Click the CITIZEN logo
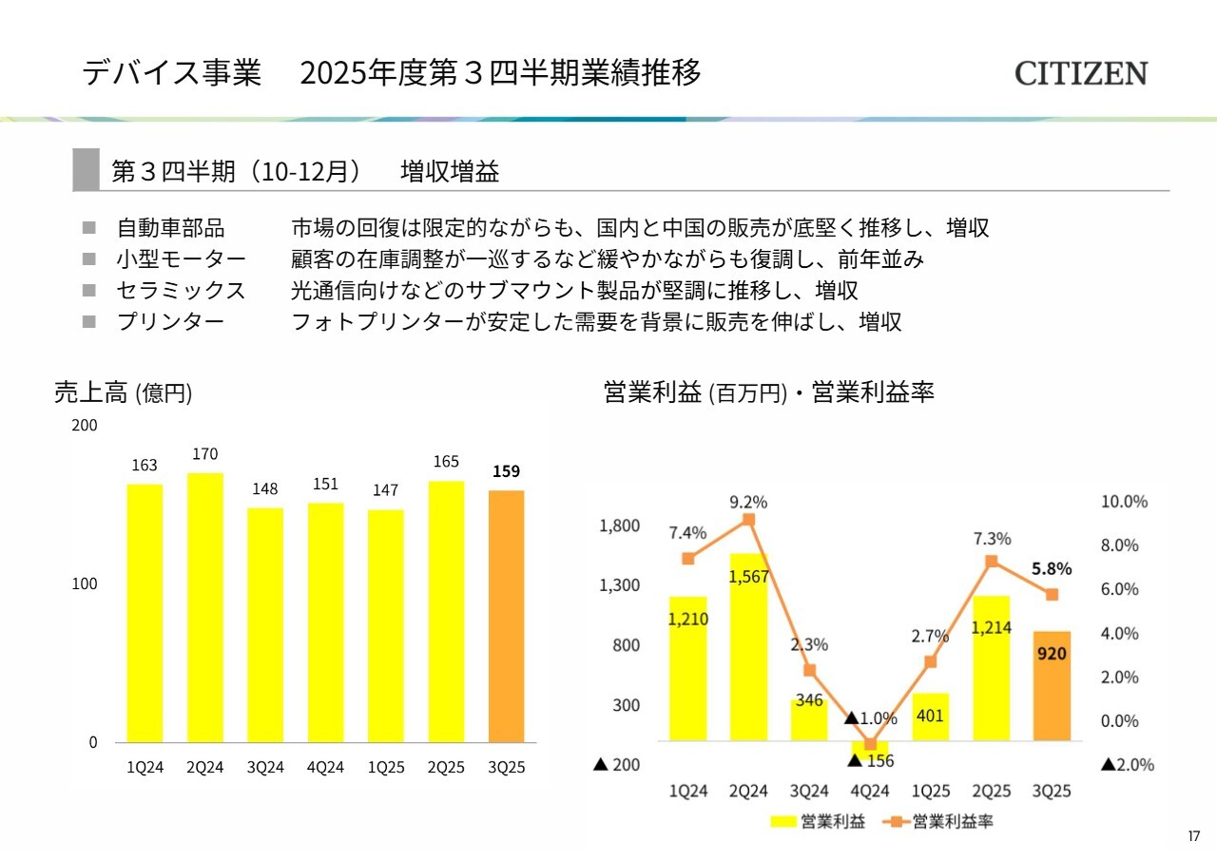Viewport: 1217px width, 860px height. (x=1081, y=74)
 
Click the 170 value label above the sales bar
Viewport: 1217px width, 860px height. (x=205, y=454)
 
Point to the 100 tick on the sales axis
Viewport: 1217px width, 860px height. (x=86, y=583)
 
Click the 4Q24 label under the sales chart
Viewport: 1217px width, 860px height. (x=325, y=767)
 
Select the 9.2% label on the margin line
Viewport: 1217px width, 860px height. (x=748, y=502)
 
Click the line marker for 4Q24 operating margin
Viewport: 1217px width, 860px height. (x=870, y=744)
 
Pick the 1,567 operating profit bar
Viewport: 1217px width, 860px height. (x=748, y=646)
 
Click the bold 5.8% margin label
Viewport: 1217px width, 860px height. (x=1052, y=568)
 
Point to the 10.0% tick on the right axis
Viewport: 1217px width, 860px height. (x=1125, y=502)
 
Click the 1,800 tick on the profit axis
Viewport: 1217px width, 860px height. (x=619, y=526)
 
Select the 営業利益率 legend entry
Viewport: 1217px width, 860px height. (x=941, y=822)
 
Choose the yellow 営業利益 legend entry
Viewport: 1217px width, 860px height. (x=817, y=822)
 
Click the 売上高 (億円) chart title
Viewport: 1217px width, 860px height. (x=124, y=392)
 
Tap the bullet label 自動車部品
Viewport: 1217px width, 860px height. (x=170, y=228)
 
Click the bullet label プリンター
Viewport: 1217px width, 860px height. (x=170, y=321)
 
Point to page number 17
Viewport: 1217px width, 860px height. (x=1194, y=836)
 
